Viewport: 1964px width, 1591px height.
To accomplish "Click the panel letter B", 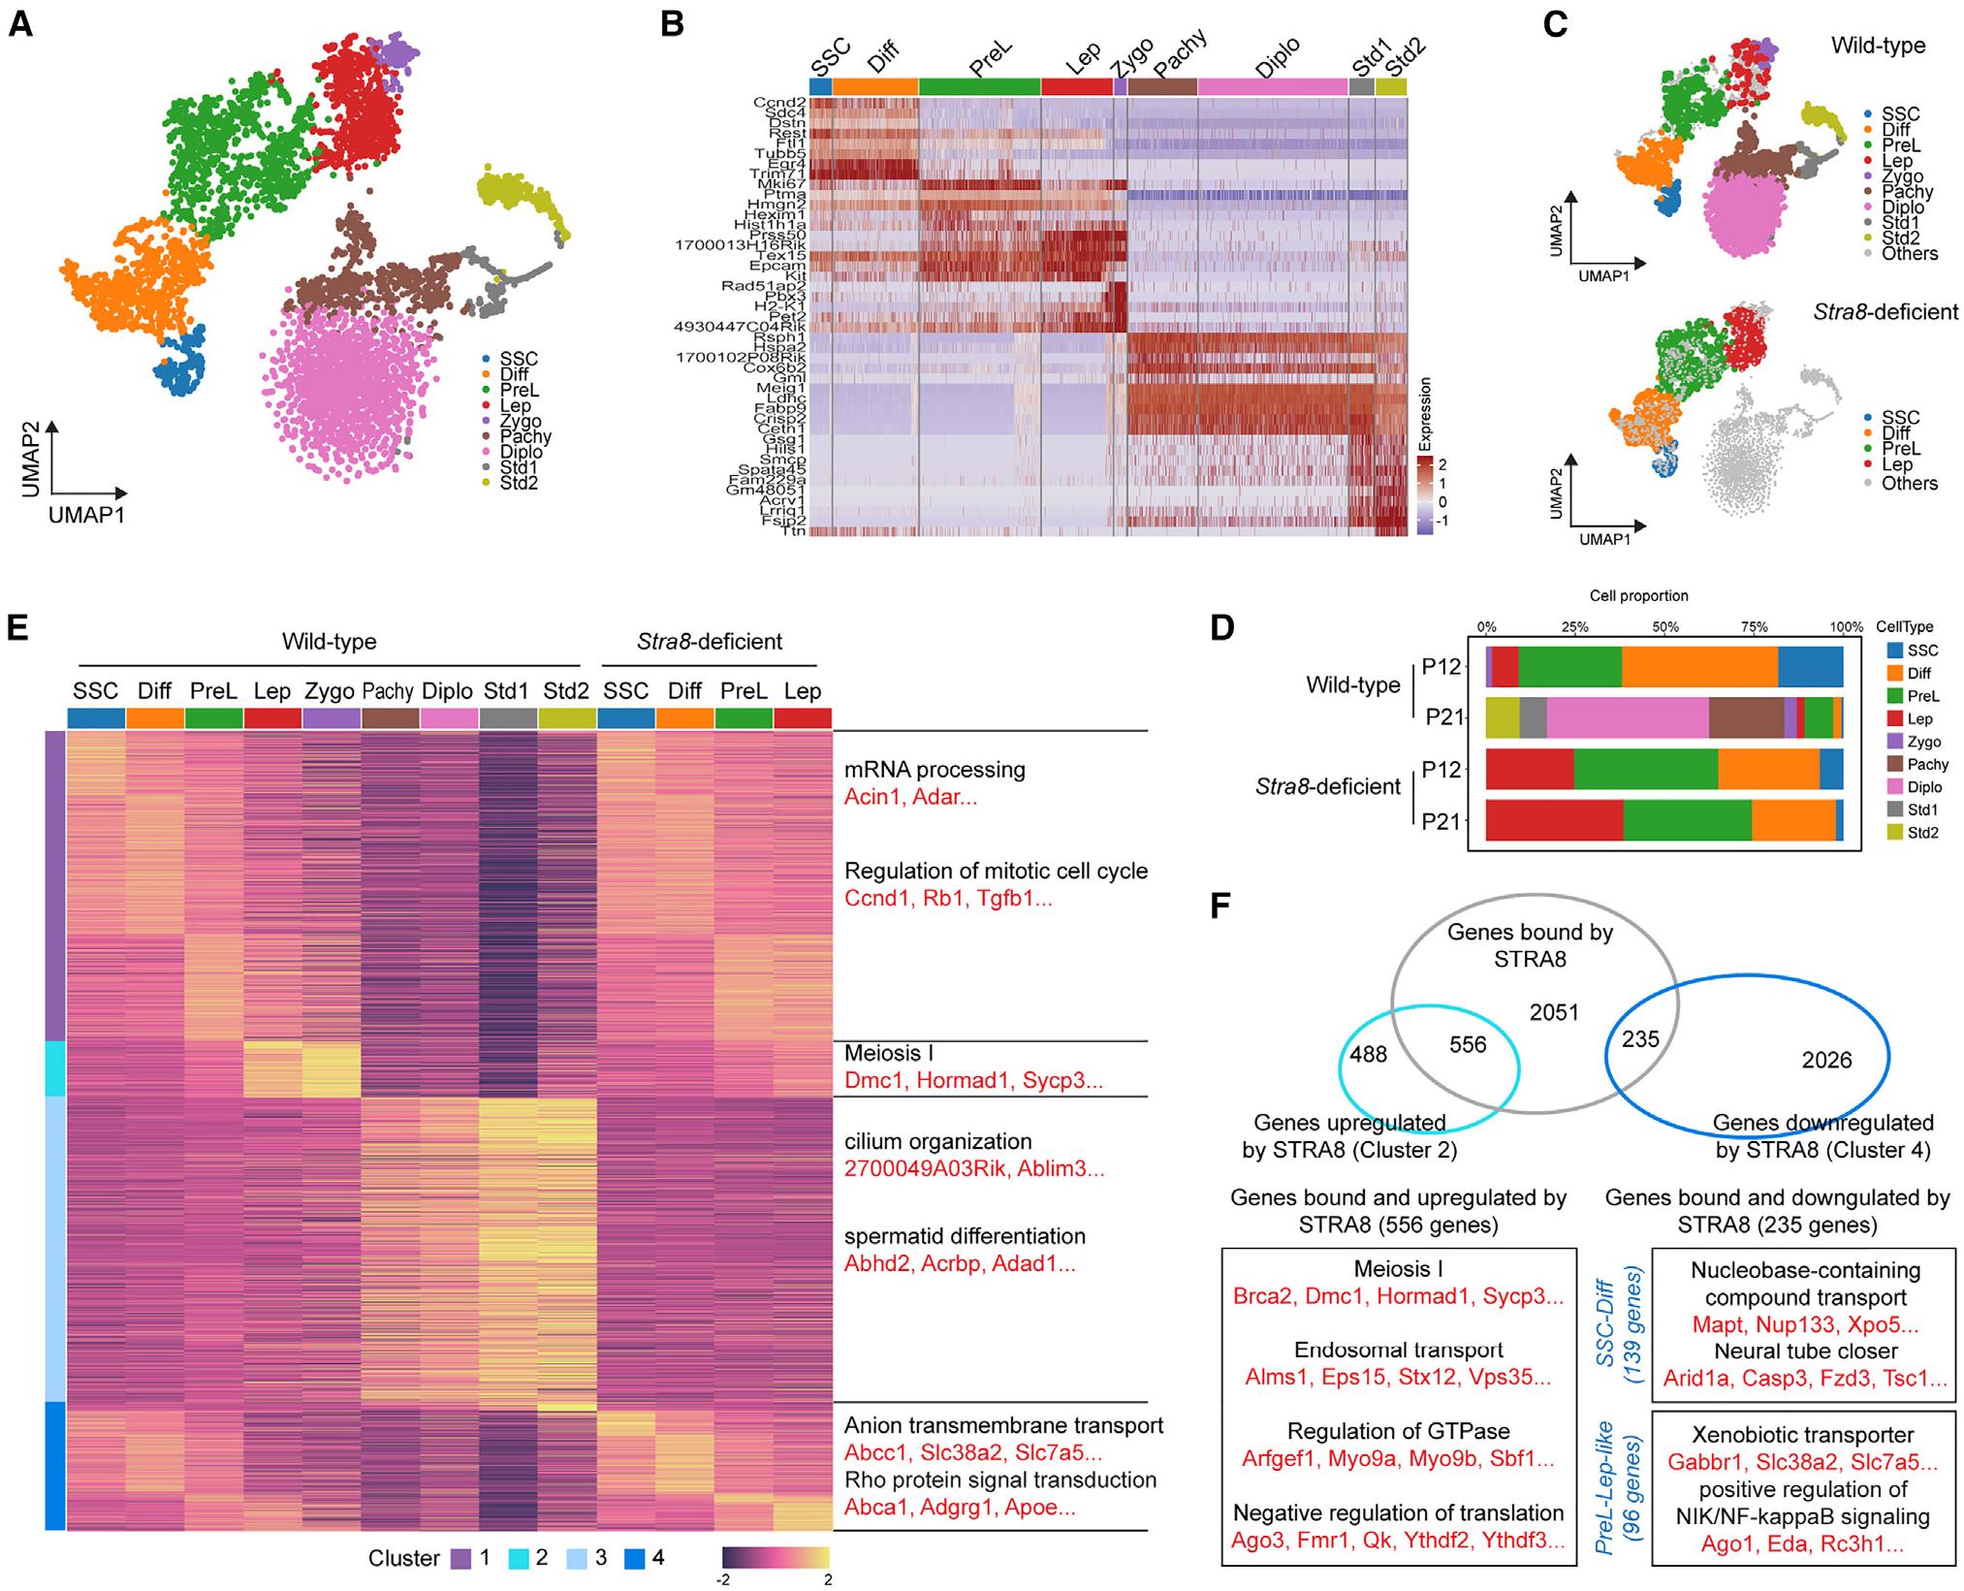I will click(672, 24).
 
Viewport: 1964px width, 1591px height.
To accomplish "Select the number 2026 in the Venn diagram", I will click(1826, 1060).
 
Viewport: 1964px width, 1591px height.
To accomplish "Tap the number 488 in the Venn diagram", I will click(1368, 1054).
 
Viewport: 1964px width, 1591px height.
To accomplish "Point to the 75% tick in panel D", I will click(1755, 627).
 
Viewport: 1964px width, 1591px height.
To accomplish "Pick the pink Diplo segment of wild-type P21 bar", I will click(1628, 718).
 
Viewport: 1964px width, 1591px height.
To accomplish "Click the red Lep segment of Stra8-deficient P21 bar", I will click(1554, 820).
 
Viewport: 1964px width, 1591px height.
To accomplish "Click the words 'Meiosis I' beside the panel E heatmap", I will click(889, 1052).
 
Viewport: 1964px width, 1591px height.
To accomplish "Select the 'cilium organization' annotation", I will click(937, 1141).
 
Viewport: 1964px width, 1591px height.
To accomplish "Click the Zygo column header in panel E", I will click(330, 691).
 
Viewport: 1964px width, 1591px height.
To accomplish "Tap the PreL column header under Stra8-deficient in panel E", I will click(744, 691).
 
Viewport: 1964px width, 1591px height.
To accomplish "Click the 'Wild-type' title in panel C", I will click(1878, 46).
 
